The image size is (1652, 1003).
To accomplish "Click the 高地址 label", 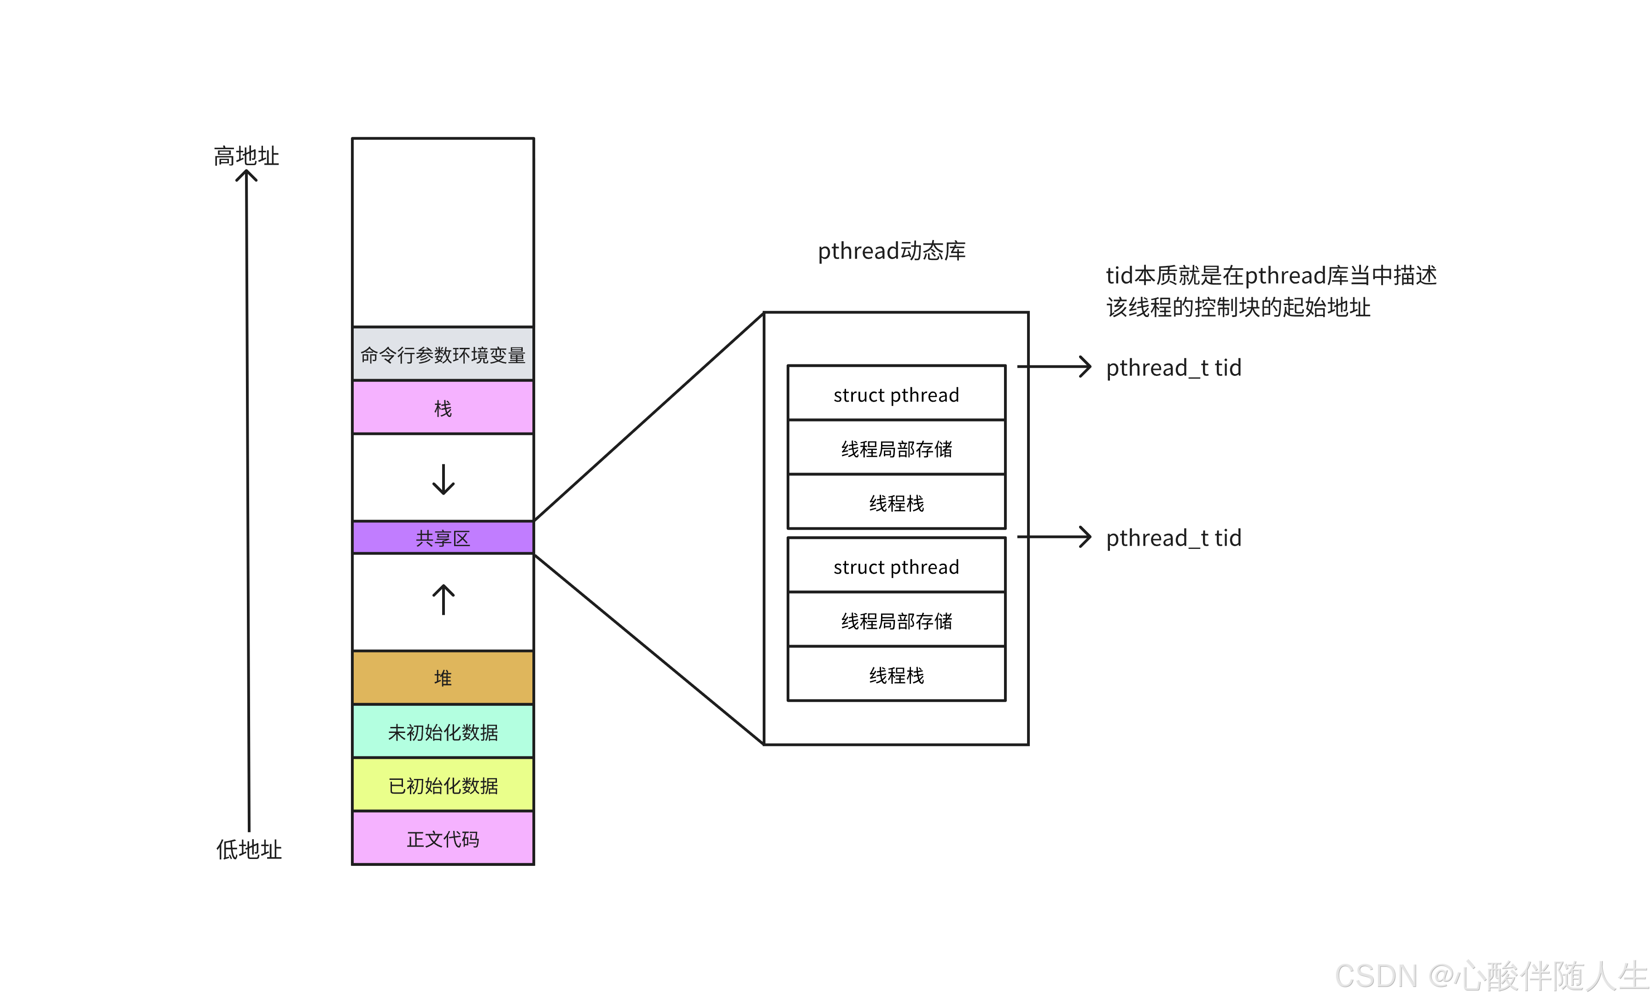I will [x=246, y=156].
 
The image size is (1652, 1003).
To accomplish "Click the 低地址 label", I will [x=249, y=850].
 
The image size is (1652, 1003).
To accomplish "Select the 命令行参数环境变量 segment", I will [x=443, y=354].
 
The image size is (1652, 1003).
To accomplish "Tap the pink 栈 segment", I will [x=443, y=407].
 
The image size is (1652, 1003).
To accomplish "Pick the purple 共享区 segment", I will [x=443, y=537].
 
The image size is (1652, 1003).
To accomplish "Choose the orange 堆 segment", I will [x=443, y=677].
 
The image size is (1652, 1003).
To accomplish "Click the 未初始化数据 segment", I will [x=443, y=732].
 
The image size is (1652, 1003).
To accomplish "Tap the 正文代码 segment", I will [x=443, y=838].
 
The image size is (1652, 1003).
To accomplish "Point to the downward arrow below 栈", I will [x=443, y=479].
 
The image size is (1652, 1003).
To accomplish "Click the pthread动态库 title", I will [x=891, y=251].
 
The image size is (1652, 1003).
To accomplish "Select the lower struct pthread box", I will [x=896, y=566].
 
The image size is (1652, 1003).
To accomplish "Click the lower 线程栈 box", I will [x=896, y=674].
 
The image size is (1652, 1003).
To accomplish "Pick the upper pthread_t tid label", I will [x=1173, y=368].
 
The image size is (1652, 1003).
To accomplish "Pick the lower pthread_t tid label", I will [x=1173, y=538].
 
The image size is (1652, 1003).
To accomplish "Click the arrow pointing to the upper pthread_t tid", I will [x=1054, y=367].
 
